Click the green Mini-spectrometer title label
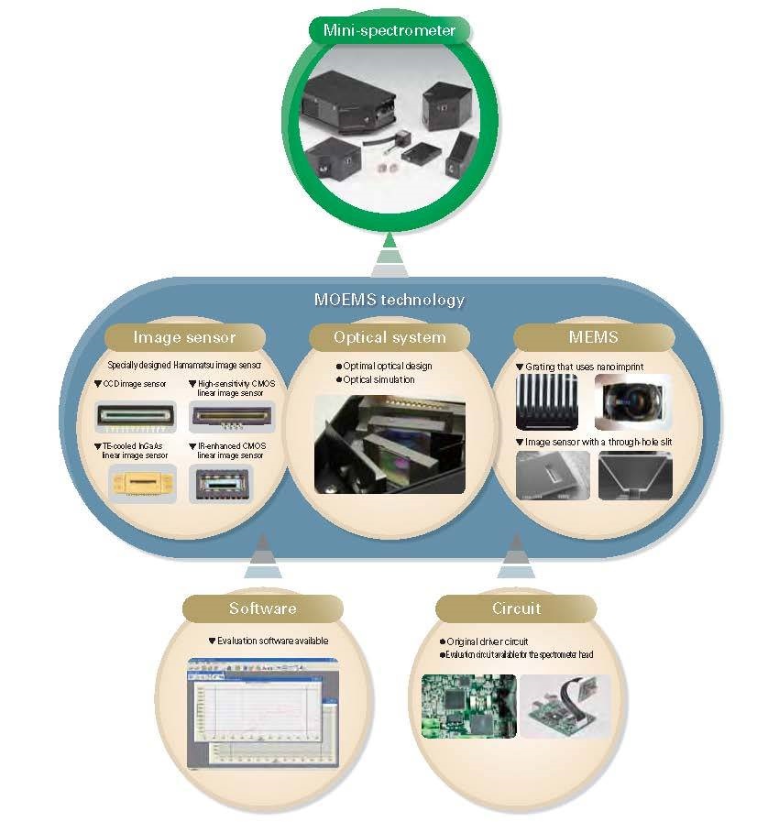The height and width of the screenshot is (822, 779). tap(389, 30)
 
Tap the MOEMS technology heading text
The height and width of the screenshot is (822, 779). tap(389, 300)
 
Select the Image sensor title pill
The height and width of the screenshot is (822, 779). tap(184, 337)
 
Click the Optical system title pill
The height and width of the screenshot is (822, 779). tap(389, 337)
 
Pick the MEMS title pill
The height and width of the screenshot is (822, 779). tap(593, 337)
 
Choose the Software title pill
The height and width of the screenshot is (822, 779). tap(263, 608)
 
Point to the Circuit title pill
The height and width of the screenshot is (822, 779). tap(516, 608)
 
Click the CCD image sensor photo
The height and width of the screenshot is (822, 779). tap(136, 418)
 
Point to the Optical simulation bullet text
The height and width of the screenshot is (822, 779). tap(379, 379)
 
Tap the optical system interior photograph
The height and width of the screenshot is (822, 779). tap(389, 444)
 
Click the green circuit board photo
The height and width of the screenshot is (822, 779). tap(468, 706)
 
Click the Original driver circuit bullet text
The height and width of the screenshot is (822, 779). tap(489, 641)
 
